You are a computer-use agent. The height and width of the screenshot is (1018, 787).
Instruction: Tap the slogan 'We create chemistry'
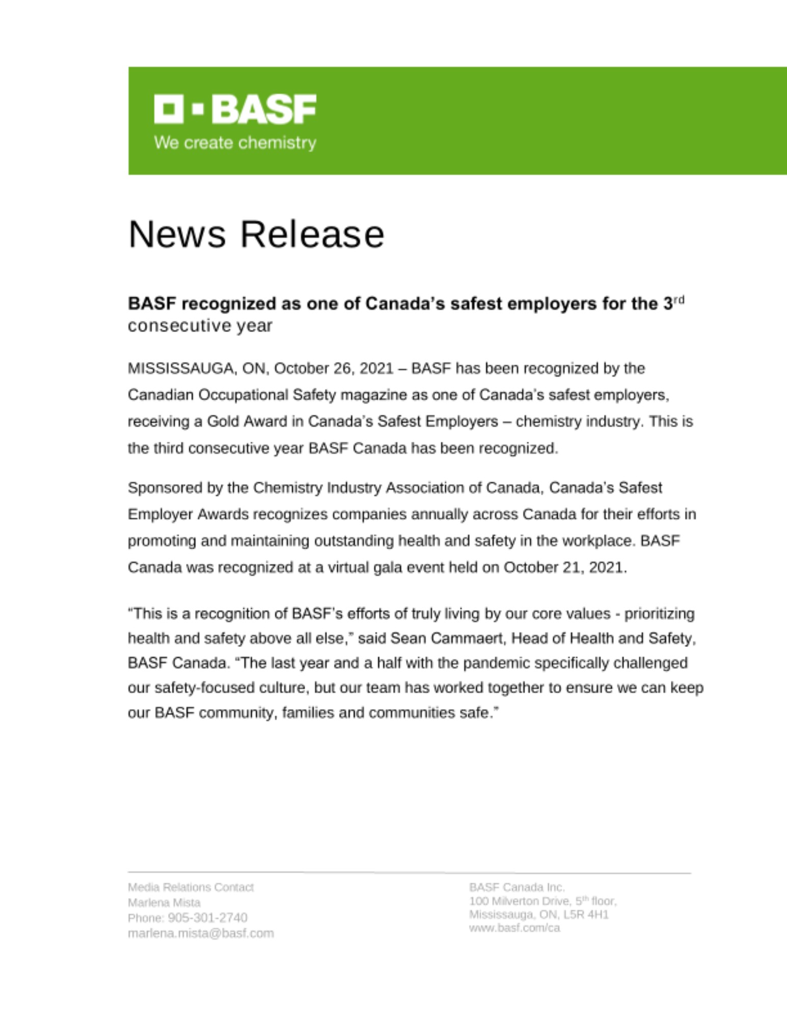(x=235, y=143)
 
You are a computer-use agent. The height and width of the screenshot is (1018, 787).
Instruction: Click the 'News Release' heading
(x=256, y=235)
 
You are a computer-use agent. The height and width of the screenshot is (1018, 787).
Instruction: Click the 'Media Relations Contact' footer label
(x=191, y=887)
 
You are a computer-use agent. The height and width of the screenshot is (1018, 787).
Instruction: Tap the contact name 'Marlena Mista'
(x=164, y=902)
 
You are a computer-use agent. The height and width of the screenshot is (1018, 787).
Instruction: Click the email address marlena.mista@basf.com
(x=201, y=934)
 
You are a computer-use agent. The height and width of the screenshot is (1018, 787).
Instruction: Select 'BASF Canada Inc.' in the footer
(x=517, y=887)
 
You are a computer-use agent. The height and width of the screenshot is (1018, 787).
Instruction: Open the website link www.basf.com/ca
(x=514, y=928)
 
